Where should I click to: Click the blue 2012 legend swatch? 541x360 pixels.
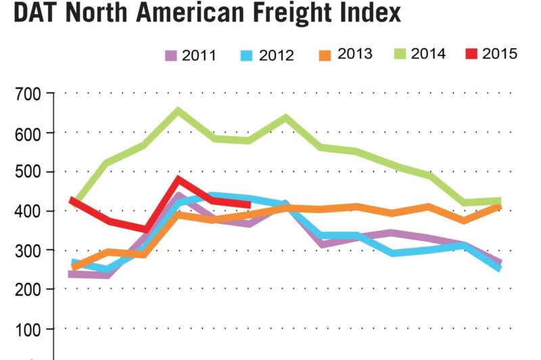[248, 55]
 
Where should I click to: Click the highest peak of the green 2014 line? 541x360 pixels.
[179, 110]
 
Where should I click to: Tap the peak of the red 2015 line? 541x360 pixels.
[179, 180]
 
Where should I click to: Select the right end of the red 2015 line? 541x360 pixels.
[249, 204]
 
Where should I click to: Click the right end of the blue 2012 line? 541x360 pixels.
[499, 268]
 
